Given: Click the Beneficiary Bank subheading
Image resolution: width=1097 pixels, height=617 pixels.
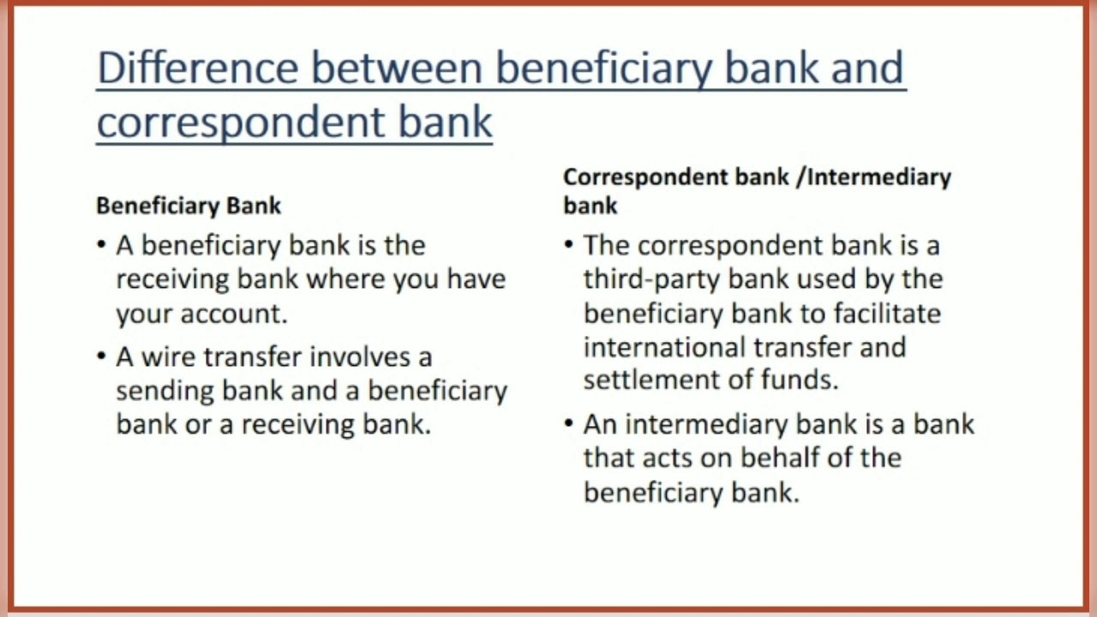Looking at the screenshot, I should (x=189, y=206).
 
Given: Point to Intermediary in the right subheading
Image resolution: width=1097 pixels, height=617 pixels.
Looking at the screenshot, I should (x=879, y=177).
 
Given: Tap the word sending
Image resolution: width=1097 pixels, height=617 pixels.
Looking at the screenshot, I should (x=165, y=391).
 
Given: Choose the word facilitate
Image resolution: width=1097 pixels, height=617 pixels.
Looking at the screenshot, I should (x=886, y=314).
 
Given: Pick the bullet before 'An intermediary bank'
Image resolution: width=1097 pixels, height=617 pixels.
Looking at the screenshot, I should (x=569, y=424).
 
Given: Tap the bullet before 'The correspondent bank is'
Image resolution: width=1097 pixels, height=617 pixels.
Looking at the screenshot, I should (x=569, y=246).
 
